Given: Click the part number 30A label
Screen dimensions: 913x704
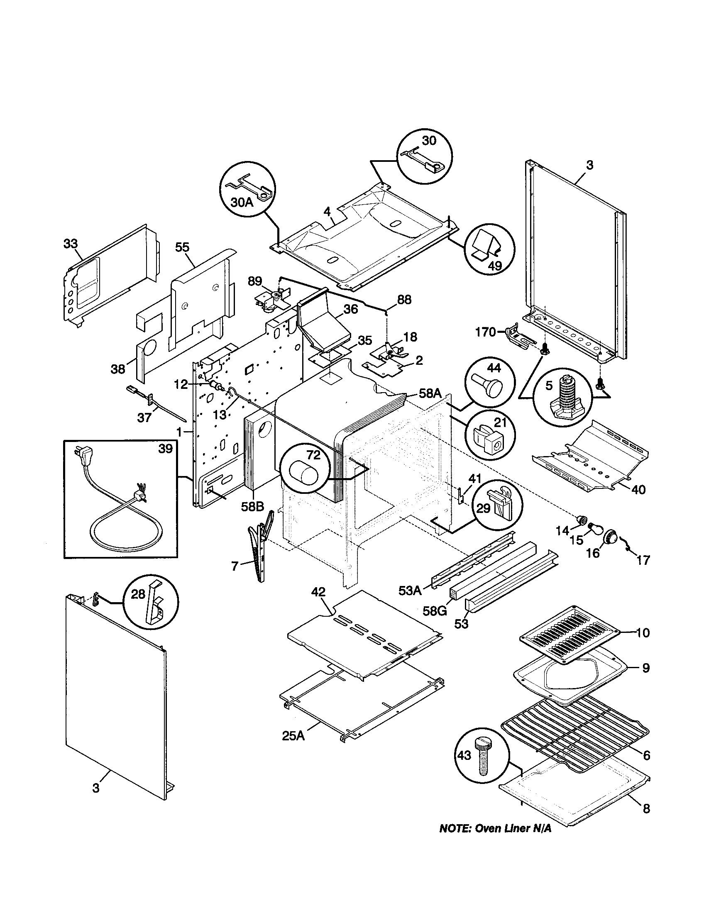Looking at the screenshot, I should pos(242,203).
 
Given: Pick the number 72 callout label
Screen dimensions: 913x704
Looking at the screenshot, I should pos(313,455).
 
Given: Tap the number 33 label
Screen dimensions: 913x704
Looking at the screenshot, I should pos(71,243).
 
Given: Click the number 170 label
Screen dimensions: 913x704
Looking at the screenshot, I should pos(485,332).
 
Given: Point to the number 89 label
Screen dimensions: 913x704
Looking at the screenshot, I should pos(254,281).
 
